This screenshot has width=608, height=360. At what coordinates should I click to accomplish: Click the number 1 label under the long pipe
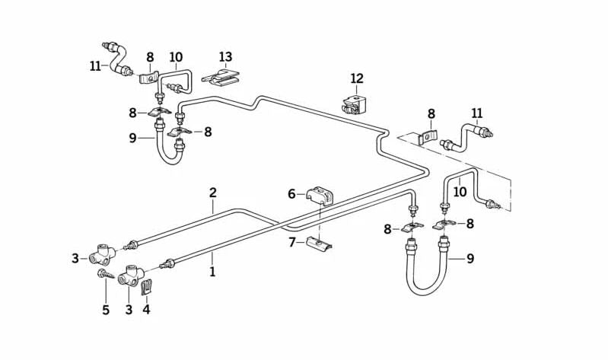[212, 272]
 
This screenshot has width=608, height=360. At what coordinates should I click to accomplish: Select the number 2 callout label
[213, 193]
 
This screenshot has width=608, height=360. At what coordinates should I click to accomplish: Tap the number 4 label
[146, 310]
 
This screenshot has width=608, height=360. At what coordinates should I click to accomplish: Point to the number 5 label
[106, 310]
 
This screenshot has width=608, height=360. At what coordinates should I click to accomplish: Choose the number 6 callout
[291, 194]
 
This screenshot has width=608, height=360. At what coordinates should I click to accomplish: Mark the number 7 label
[291, 242]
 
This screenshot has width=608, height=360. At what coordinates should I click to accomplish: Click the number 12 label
[357, 78]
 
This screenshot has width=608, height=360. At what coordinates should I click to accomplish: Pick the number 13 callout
[225, 57]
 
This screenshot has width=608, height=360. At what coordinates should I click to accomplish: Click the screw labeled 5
[105, 276]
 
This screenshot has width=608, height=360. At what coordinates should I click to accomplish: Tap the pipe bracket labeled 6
[320, 196]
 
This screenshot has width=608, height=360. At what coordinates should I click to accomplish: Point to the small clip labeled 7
[319, 244]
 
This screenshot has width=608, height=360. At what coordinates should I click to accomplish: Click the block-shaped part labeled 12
[352, 104]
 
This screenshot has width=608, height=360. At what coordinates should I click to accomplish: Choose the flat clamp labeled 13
[221, 76]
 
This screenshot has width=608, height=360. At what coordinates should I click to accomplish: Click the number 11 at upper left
[95, 66]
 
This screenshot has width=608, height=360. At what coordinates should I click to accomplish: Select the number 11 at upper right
[477, 114]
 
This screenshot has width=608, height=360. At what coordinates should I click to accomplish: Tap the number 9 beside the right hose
[470, 259]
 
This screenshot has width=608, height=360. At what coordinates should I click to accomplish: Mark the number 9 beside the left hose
[132, 138]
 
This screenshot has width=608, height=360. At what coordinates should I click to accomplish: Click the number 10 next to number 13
[176, 57]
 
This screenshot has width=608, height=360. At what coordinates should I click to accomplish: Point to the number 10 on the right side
[460, 192]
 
